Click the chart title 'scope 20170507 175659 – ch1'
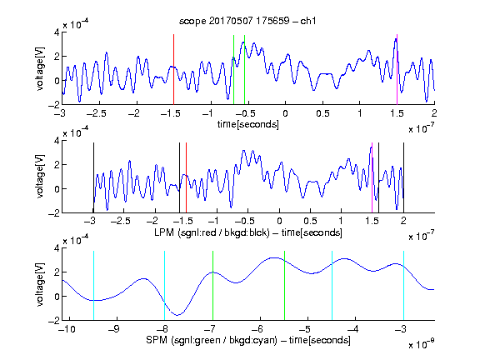(x=247, y=21)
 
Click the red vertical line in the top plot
(x=173, y=69)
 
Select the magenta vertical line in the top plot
(x=397, y=69)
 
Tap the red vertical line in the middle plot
(x=186, y=177)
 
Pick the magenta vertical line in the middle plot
(x=372, y=177)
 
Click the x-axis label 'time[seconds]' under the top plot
(x=248, y=124)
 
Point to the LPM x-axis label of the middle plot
(x=248, y=232)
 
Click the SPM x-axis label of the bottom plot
(x=248, y=340)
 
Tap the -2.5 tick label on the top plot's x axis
(x=97, y=113)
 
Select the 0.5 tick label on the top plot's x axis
(x=322, y=113)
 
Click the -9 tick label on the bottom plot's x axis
(x=114, y=329)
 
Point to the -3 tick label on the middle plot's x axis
(x=90, y=221)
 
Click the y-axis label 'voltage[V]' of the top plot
(x=40, y=68)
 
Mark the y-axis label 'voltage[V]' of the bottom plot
(x=40, y=284)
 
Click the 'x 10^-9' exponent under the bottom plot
(x=421, y=344)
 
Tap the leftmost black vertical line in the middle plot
(x=93, y=177)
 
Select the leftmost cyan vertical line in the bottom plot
(x=93, y=286)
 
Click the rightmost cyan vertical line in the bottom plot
(x=403, y=286)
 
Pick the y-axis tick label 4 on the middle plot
(x=57, y=141)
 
